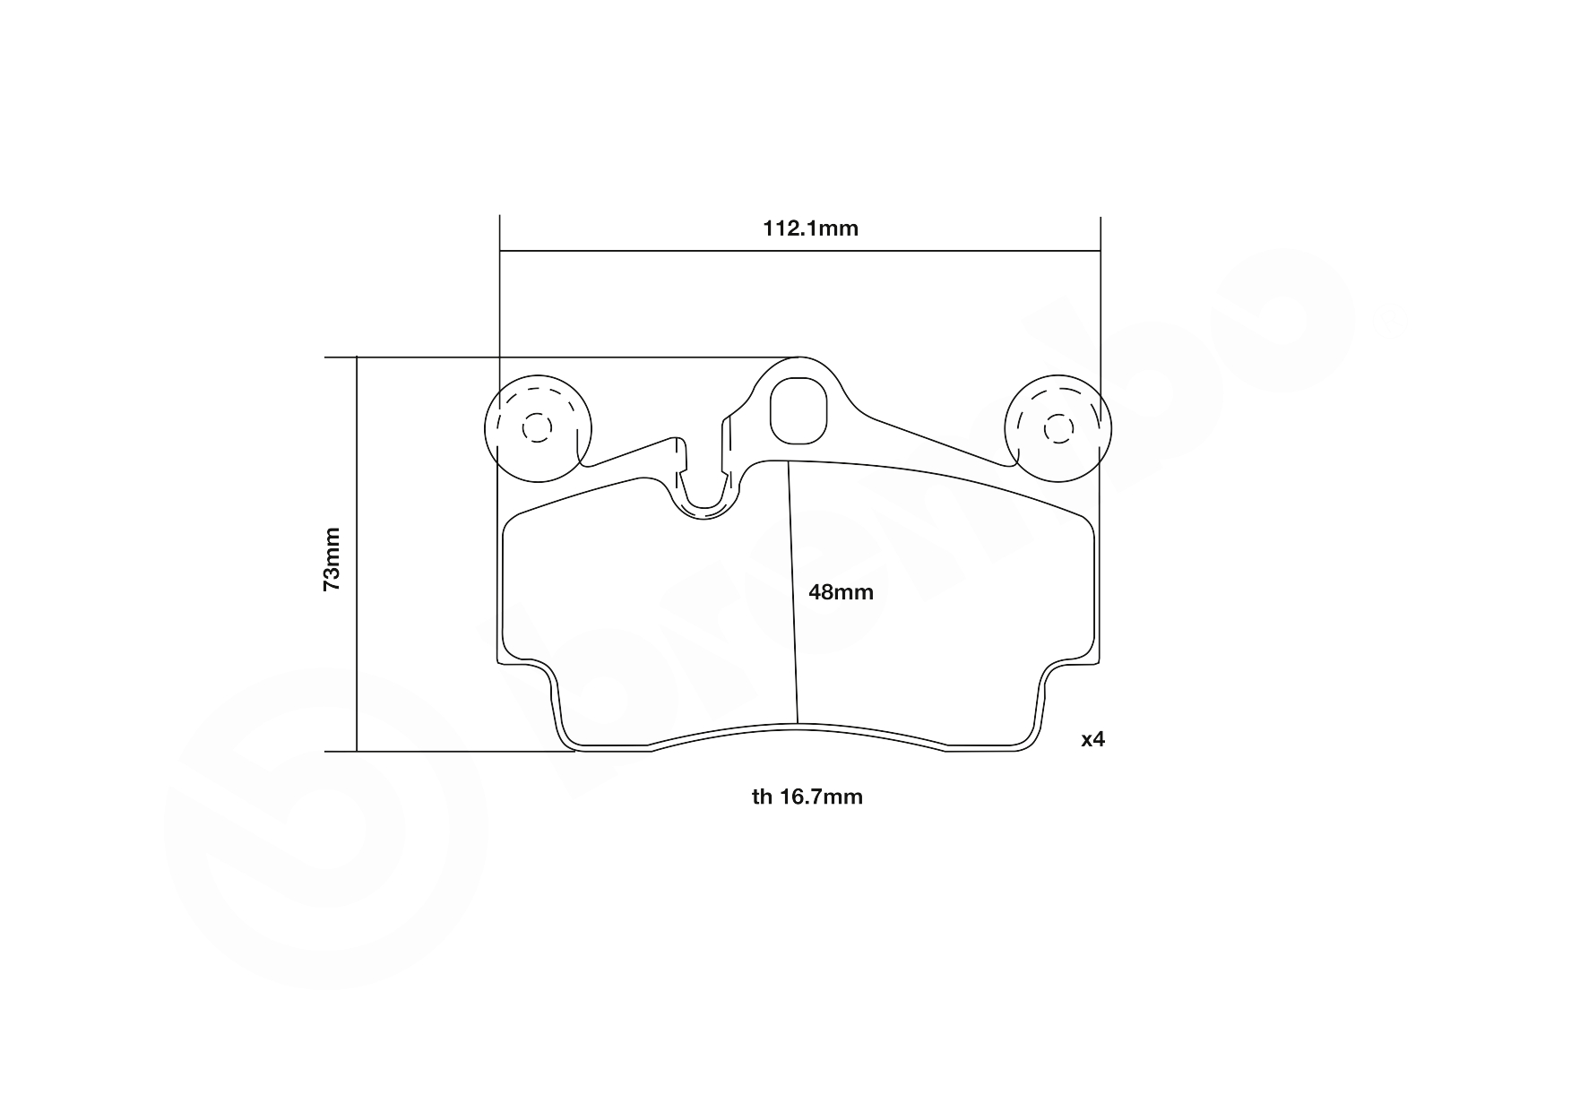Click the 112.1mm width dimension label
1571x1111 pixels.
(x=810, y=228)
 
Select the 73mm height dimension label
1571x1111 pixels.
(x=332, y=558)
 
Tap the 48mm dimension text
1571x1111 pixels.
(x=841, y=592)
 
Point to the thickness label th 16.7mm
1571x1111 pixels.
(x=807, y=797)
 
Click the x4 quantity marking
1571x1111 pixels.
(x=1092, y=739)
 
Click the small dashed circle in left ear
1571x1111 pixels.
(x=538, y=428)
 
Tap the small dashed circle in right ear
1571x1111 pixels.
(x=1058, y=429)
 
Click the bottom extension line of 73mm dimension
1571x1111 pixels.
(x=448, y=752)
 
